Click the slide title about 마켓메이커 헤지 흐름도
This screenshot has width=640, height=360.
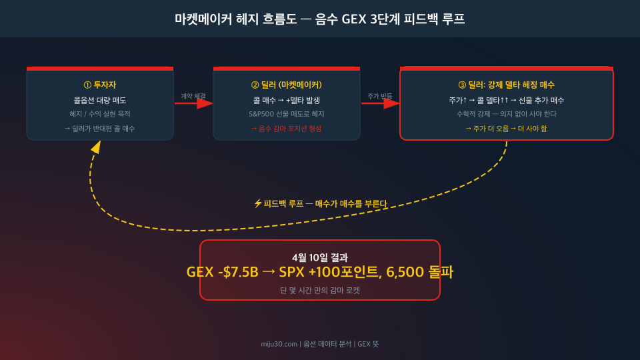tap(319, 19)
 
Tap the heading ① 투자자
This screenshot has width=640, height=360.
tap(100, 85)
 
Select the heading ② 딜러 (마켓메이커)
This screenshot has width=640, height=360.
tap(287, 85)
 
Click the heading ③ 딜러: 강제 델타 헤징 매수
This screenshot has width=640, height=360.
tap(507, 85)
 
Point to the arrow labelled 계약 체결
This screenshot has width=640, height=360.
tap(193, 103)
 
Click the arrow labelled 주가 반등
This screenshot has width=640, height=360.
tap(380, 103)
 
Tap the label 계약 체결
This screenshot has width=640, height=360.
tap(193, 96)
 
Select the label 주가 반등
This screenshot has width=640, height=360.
tap(379, 96)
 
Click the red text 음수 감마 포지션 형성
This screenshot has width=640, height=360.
tap(290, 129)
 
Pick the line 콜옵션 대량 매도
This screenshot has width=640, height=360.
tap(100, 101)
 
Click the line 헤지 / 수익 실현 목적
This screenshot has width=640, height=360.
tap(100, 114)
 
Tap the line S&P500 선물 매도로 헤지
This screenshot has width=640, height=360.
tap(287, 114)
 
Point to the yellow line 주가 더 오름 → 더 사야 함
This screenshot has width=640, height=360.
tap(507, 129)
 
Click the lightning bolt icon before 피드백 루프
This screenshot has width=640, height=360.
tap(257, 203)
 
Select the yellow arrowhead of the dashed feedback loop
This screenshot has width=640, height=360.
tap(96, 147)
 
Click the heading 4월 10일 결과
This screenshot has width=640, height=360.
tap(320, 257)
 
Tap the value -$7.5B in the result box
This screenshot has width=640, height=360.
tap(239, 272)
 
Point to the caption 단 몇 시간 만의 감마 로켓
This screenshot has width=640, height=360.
tap(320, 291)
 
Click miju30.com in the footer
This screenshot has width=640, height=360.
tap(279, 344)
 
